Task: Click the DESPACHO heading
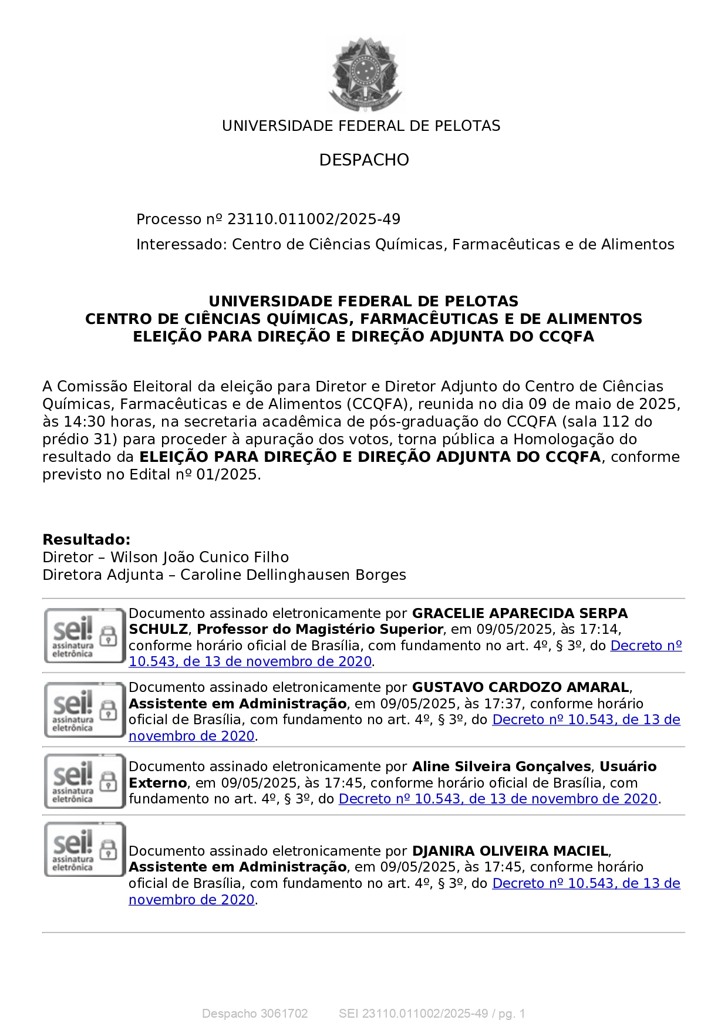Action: (364, 160)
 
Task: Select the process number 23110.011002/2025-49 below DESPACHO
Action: (314, 219)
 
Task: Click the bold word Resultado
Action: (86, 540)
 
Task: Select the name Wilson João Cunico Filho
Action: (200, 558)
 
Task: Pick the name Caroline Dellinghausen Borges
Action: (293, 575)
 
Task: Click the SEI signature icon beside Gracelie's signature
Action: (85, 636)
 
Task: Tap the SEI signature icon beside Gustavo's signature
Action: (85, 710)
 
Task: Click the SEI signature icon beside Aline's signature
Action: (85, 781)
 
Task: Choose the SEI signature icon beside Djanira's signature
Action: (85, 850)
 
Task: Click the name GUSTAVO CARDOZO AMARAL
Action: (520, 687)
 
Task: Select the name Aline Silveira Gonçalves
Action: (501, 766)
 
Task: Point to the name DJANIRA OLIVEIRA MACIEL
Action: (510, 851)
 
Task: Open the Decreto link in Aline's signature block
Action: (498, 799)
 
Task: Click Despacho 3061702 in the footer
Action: (255, 1014)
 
